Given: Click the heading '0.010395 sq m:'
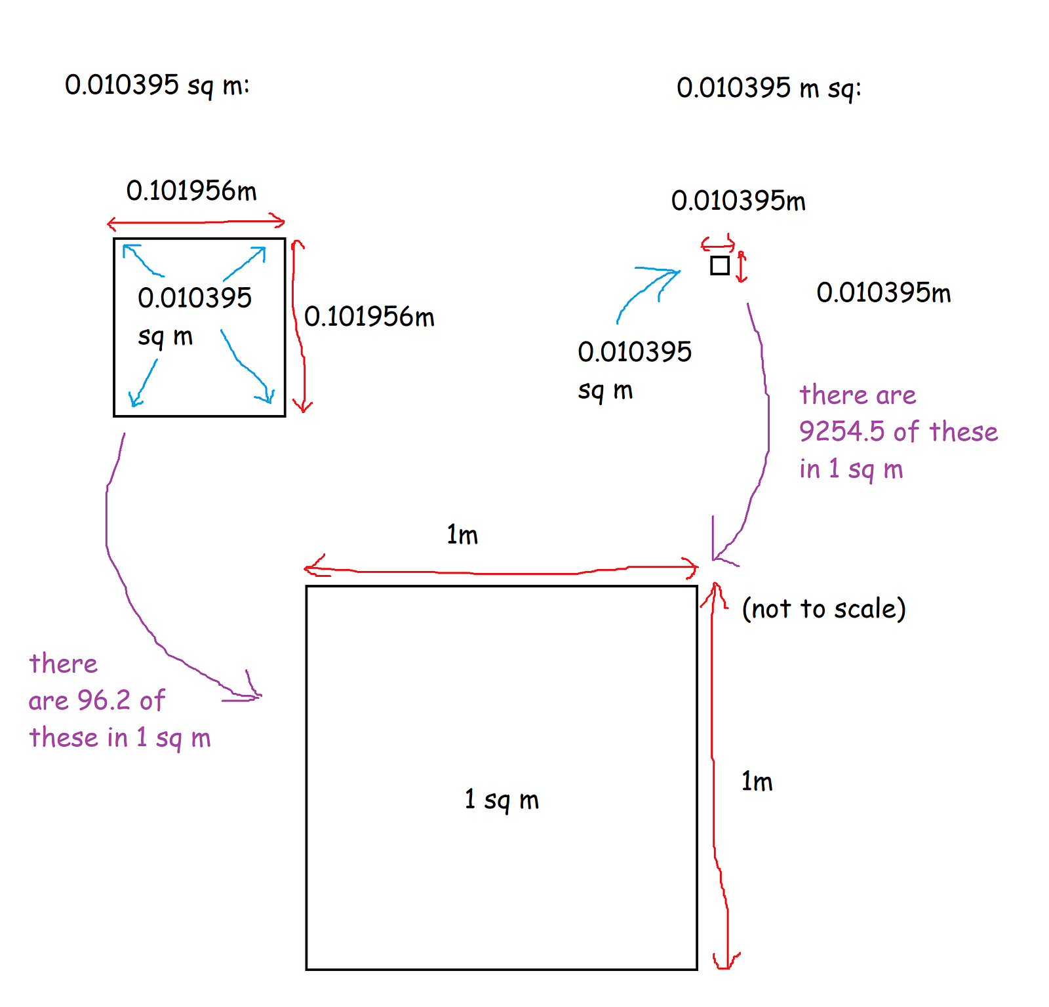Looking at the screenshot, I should [x=157, y=85].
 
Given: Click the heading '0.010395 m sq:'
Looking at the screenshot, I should [x=768, y=88].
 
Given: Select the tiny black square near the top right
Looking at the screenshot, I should [x=720, y=266].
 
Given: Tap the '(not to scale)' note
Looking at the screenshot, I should [x=823, y=608].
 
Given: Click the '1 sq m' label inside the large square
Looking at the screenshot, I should [x=502, y=799].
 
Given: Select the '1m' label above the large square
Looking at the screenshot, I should [x=462, y=535].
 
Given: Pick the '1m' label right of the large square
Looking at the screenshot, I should [x=757, y=781].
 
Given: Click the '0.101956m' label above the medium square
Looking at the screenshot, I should [x=191, y=191].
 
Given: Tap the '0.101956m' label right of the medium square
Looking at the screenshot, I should [x=369, y=317].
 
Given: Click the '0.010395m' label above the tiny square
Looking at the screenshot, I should [x=738, y=201].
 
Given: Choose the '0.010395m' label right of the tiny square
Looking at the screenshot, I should [x=883, y=292].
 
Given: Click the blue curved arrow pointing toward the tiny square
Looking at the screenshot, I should [x=646, y=288].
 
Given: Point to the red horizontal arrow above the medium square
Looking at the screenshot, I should [x=196, y=223].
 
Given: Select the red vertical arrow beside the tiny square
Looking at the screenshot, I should [x=742, y=267].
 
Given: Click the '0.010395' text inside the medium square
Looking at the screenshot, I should [x=195, y=298].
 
